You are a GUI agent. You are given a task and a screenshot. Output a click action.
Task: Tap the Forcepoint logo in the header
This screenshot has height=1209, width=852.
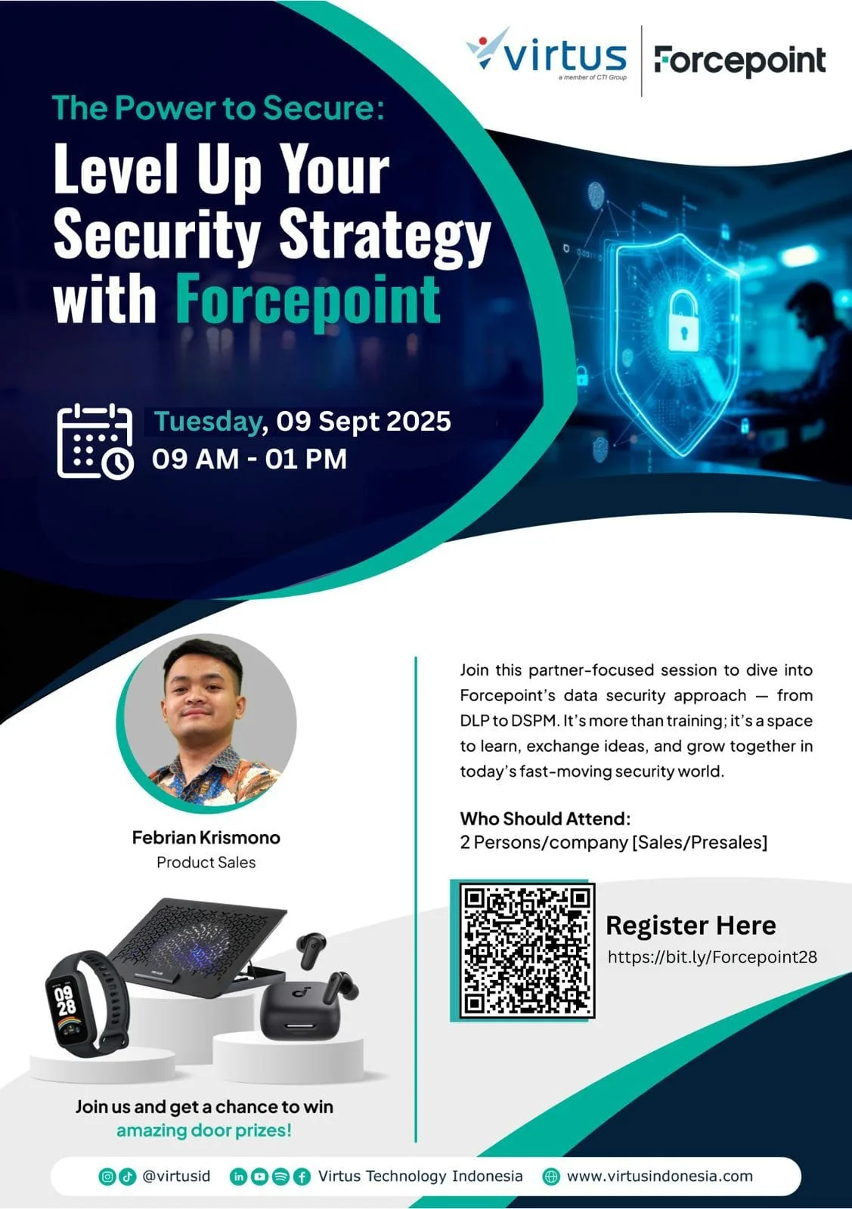pyautogui.click(x=739, y=60)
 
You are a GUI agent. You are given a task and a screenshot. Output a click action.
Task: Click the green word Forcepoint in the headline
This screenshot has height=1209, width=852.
pyautogui.click(x=308, y=299)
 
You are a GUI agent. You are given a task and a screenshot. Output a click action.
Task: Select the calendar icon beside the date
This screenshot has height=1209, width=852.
pyautogui.click(x=95, y=441)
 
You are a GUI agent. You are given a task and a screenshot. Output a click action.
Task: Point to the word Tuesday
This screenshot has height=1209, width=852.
pyautogui.click(x=208, y=421)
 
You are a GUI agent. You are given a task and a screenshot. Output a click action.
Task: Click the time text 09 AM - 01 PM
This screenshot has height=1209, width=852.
pyautogui.click(x=249, y=459)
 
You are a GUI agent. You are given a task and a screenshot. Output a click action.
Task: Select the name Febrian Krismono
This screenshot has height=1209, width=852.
pyautogui.click(x=206, y=837)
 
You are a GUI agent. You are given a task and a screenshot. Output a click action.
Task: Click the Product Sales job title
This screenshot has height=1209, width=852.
pyautogui.click(x=206, y=862)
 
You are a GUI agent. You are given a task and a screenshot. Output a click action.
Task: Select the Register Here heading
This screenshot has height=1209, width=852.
pyautogui.click(x=690, y=925)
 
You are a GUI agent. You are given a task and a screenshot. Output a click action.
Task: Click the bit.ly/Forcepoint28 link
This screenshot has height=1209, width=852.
pyautogui.click(x=712, y=957)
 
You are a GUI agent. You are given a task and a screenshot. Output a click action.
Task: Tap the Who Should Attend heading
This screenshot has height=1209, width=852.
pyautogui.click(x=545, y=818)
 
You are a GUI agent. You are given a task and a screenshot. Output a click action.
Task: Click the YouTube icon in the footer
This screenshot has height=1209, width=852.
pyautogui.click(x=259, y=1176)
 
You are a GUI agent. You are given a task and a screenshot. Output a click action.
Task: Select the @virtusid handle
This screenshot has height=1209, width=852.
pyautogui.click(x=177, y=1176)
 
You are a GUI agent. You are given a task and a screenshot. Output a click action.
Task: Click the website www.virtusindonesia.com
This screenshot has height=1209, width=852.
pyautogui.click(x=659, y=1176)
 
